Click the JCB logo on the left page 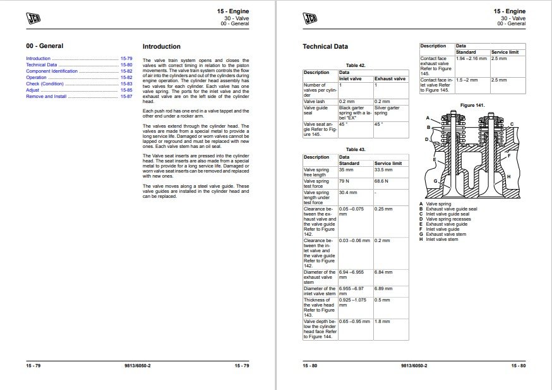(34, 18)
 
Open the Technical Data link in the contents (41, 64)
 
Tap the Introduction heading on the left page (161, 46)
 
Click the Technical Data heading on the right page (325, 46)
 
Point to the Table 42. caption (356, 65)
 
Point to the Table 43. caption (356, 150)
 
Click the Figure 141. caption (472, 105)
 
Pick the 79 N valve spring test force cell (344, 181)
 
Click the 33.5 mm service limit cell (383, 169)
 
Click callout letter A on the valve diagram (428, 118)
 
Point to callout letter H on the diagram (509, 176)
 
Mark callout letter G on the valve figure (435, 181)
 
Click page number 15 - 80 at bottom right (519, 366)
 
